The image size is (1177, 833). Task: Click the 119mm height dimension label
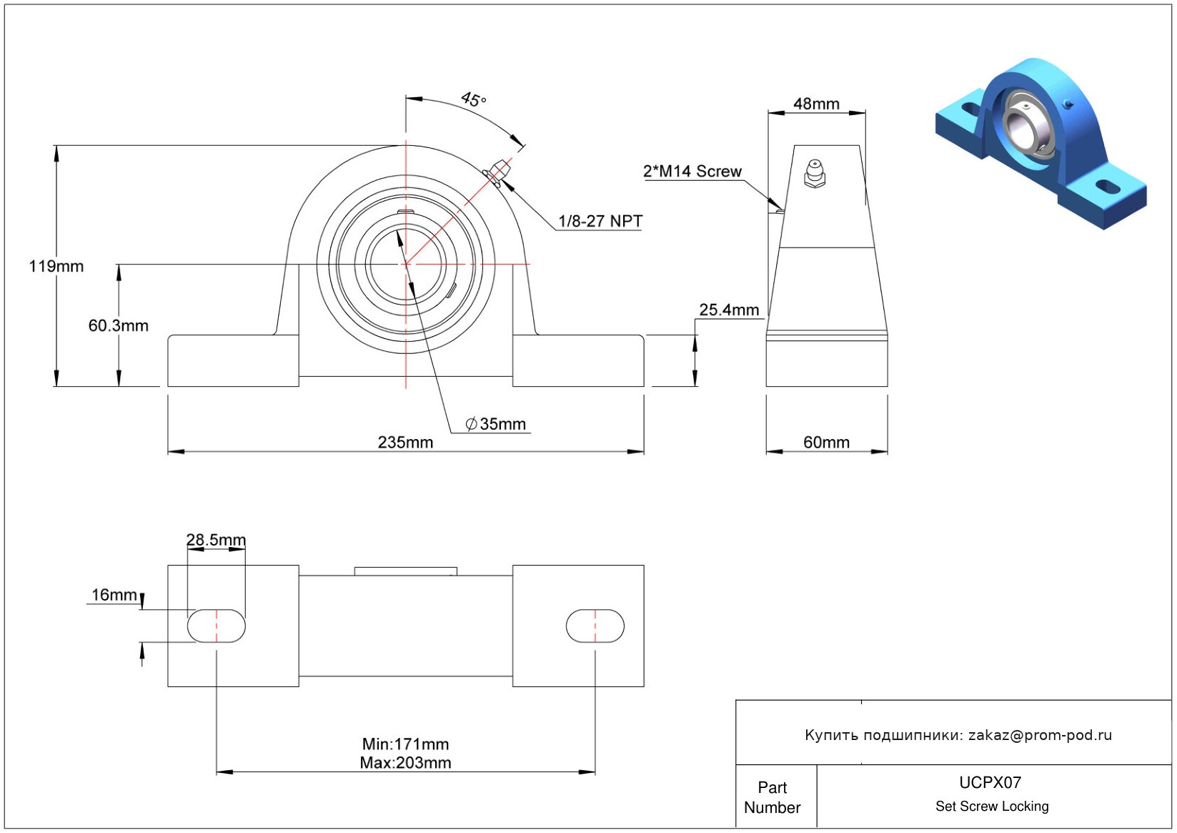(x=56, y=266)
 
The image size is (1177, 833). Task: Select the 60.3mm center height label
(x=118, y=325)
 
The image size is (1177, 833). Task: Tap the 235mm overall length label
(x=405, y=443)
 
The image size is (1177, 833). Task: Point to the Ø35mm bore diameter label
(x=495, y=424)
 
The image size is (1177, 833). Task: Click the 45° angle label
(x=473, y=99)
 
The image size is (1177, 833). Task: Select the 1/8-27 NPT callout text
(x=600, y=222)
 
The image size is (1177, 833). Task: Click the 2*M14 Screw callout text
(x=692, y=172)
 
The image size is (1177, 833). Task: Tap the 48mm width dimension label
(x=816, y=104)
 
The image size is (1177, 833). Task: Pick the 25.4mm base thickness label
(x=729, y=310)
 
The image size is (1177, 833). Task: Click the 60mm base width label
(x=826, y=443)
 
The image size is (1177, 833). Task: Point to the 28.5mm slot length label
(x=216, y=540)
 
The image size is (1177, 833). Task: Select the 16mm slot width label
(x=114, y=595)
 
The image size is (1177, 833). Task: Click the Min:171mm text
(x=405, y=744)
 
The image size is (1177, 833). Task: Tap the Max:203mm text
(x=405, y=762)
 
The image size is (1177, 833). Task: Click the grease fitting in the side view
(x=815, y=174)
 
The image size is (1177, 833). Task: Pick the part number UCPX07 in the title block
(x=990, y=782)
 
